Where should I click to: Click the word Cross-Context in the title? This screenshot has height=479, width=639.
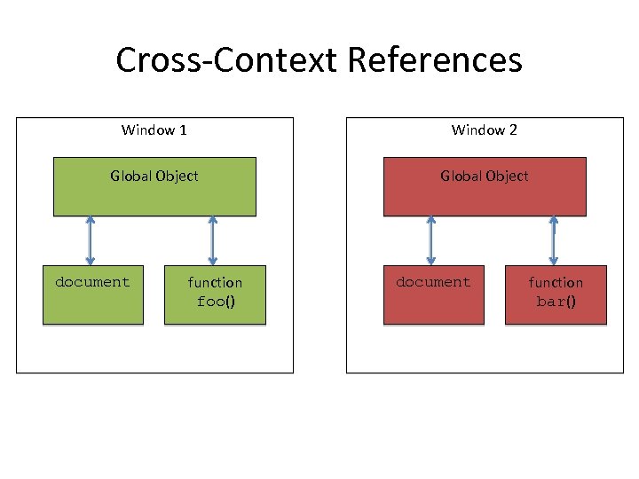[x=227, y=60]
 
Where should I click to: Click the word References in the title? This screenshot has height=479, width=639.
[x=434, y=60]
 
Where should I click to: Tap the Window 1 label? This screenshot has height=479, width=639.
[x=154, y=130]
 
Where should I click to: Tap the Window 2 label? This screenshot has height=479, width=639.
[x=484, y=130]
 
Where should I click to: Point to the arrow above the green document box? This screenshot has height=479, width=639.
[x=90, y=240]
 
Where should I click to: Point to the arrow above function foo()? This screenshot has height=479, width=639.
[x=212, y=240]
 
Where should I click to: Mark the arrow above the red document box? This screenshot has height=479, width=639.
[x=431, y=240]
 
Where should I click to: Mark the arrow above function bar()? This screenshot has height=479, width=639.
[x=553, y=240]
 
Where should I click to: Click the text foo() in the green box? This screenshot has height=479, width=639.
[x=215, y=302]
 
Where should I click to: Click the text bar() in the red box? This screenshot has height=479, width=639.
[x=556, y=302]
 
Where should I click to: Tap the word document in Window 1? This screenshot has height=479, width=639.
[x=92, y=282]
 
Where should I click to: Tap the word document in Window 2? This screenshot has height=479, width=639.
[x=433, y=282]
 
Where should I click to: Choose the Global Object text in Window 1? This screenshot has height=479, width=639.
[x=154, y=176]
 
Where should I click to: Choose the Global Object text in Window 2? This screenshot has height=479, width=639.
[x=485, y=176]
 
